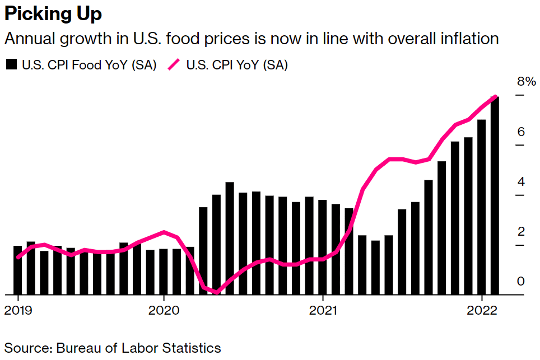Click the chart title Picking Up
coord(53,14)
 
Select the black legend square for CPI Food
coord(11,65)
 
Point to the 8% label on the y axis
coord(526,82)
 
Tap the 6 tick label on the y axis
coord(520,132)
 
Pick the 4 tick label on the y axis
coord(520,182)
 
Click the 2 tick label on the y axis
coord(520,232)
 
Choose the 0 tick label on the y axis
coord(520,281)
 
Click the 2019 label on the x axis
coord(18,310)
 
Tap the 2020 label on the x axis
coord(164,310)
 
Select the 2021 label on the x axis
coord(323,310)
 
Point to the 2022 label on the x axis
coord(483,310)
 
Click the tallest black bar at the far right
coord(495,196)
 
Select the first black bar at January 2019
coord(18,270)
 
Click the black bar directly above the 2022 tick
coord(481,207)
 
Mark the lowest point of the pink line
coord(217,292)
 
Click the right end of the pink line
coord(495,97)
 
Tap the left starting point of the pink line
coord(18,258)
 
